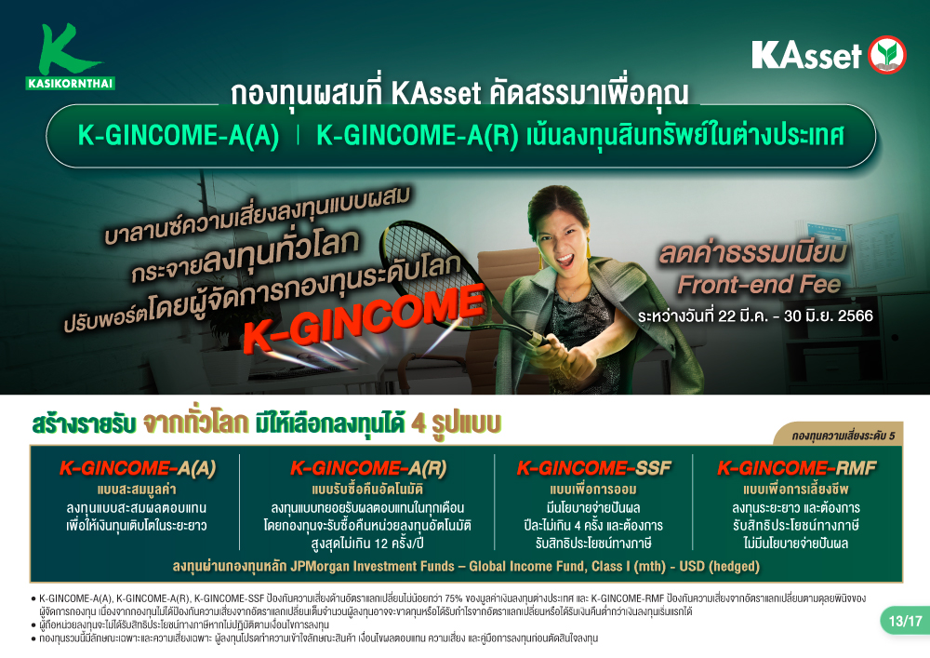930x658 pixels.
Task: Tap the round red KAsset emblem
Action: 886,55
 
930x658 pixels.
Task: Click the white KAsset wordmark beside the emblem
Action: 806,55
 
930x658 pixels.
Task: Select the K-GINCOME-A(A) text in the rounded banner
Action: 179,135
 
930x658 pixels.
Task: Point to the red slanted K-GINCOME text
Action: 364,318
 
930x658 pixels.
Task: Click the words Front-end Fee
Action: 759,285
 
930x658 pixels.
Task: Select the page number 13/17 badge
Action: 905,621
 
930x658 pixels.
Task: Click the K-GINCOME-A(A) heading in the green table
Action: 137,468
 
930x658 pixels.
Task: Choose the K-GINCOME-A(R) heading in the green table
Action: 367,468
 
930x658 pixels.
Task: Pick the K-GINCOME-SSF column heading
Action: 593,468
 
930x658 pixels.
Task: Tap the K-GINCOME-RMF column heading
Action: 797,468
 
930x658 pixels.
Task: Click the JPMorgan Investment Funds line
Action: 466,566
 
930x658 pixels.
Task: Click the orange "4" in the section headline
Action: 418,423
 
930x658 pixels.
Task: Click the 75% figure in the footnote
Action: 453,598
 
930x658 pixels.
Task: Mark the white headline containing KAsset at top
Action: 459,93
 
